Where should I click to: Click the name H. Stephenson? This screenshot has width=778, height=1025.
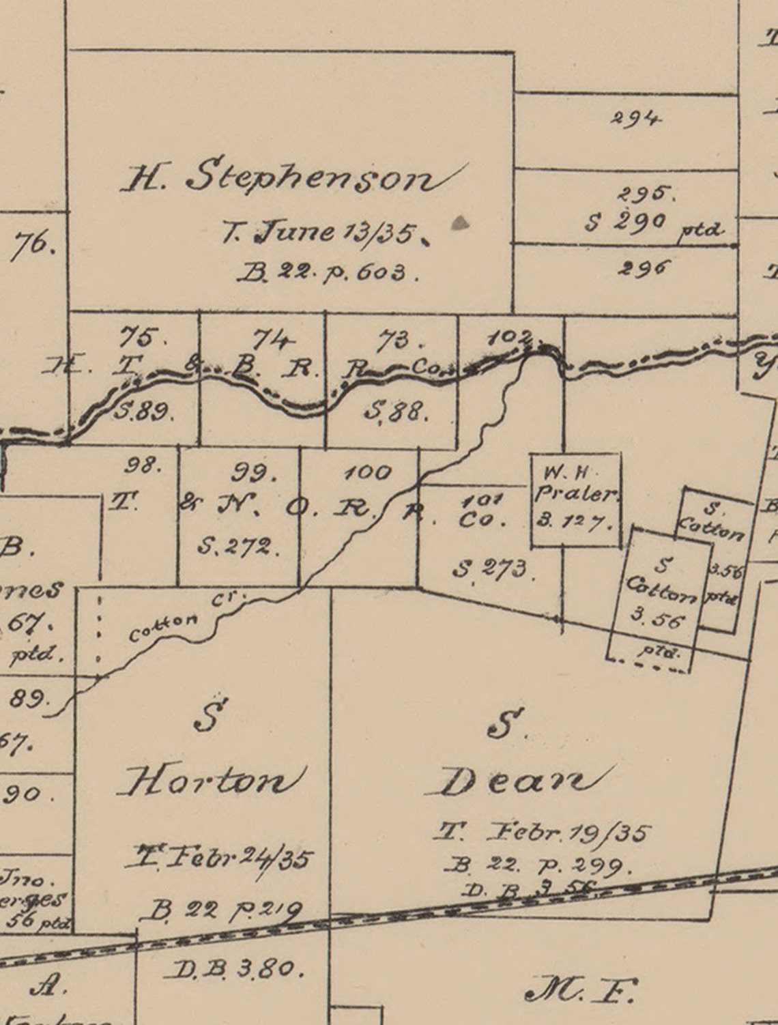pyautogui.click(x=290, y=178)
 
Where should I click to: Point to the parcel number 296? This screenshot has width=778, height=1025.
pyautogui.click(x=642, y=267)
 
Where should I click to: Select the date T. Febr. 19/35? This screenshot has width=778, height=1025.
pyautogui.click(x=543, y=833)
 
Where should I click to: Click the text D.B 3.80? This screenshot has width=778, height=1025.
pyautogui.click(x=232, y=968)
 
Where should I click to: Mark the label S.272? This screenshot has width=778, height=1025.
pyautogui.click(x=235, y=546)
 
